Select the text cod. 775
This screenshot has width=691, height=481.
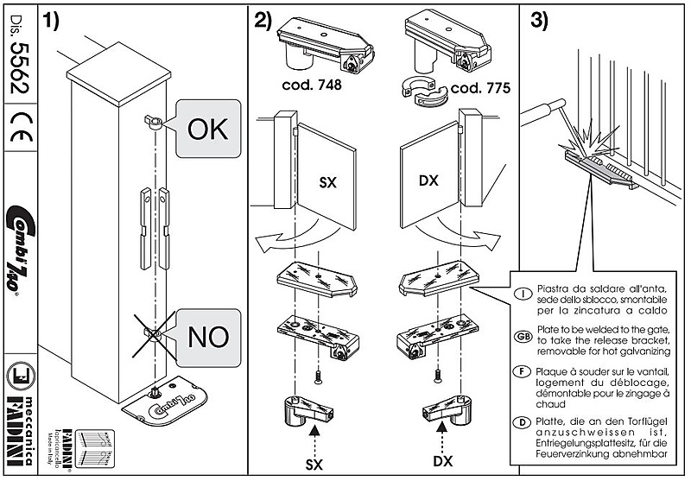point(480,88)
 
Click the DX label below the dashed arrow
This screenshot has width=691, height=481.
point(443,462)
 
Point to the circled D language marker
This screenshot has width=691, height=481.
point(523,421)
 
